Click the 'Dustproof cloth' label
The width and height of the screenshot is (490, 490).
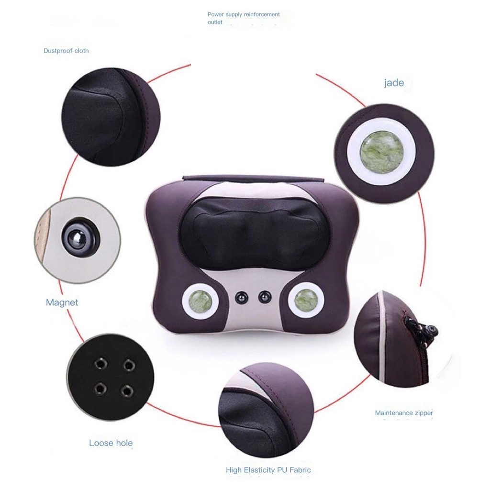click(66, 51)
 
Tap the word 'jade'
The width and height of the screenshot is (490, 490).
click(394, 83)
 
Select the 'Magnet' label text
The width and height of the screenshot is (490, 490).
click(62, 302)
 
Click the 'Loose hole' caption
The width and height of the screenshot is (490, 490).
click(111, 443)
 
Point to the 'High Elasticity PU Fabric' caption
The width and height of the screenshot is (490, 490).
click(268, 470)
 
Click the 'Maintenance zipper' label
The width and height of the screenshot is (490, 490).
click(403, 413)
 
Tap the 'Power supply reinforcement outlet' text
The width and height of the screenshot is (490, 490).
click(244, 18)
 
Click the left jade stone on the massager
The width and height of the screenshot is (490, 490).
click(200, 301)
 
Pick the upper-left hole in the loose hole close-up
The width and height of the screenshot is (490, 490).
click(100, 365)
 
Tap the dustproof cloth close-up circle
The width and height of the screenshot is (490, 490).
click(110, 117)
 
